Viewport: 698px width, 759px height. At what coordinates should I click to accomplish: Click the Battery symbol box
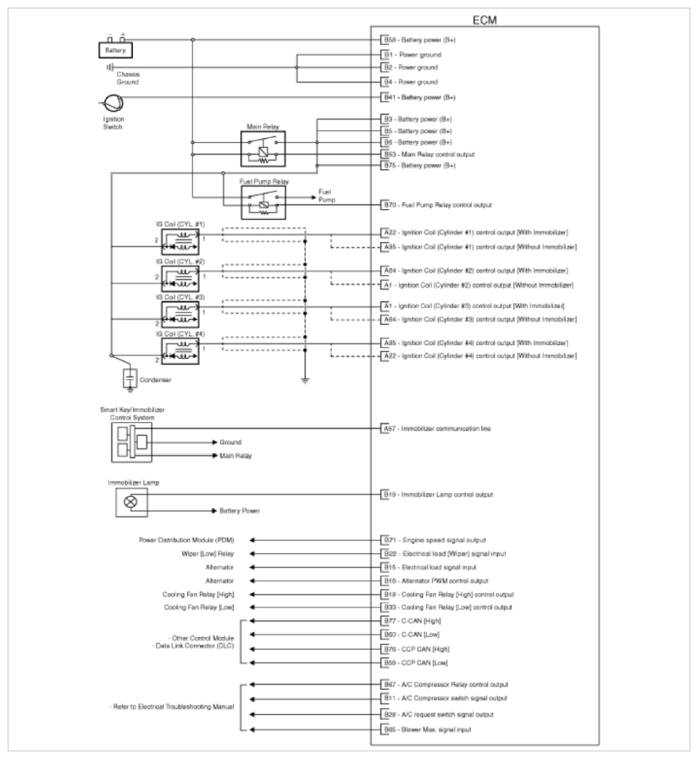(116, 50)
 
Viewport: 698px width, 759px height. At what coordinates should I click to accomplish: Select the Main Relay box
(265, 150)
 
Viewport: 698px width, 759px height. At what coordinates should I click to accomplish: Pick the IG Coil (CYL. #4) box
(177, 349)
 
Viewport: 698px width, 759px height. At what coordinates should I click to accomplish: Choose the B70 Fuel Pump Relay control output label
(438, 205)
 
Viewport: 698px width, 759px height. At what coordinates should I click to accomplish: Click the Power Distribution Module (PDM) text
(186, 540)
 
